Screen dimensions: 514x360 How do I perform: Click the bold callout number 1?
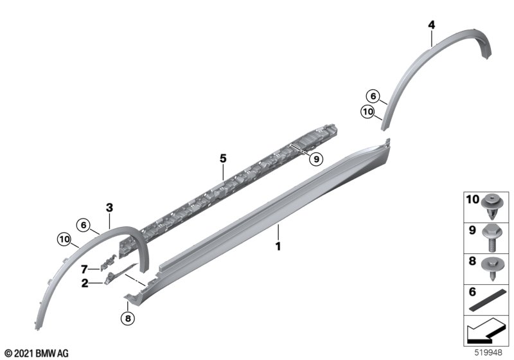click(278, 246)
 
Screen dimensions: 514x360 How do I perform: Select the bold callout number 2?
click(85, 283)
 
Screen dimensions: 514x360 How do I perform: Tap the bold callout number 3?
click(109, 208)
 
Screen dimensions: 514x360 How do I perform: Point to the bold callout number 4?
click(432, 24)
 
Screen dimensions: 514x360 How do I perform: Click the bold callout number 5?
click(223, 159)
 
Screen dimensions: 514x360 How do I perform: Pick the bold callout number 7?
click(84, 269)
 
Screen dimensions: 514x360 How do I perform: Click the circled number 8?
click(128, 318)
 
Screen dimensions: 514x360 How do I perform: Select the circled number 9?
click(316, 159)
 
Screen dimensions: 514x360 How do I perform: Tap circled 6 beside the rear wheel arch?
click(373, 96)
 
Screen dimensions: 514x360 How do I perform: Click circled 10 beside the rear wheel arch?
click(368, 112)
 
